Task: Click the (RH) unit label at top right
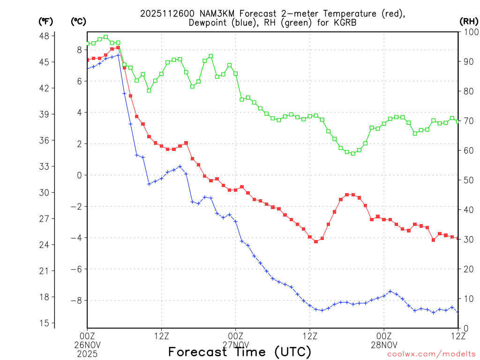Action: point(468,21)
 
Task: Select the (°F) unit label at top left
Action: point(46,21)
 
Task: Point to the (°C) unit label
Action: point(78,21)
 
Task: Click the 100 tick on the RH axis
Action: point(469,32)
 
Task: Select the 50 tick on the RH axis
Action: point(467,180)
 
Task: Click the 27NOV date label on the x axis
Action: point(235,343)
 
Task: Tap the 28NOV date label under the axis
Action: point(384,343)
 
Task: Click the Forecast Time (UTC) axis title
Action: point(240,352)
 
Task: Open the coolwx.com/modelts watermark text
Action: point(431,354)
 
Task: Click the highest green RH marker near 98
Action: point(106,37)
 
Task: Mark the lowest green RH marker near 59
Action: point(353,153)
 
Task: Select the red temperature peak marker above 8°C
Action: point(118,47)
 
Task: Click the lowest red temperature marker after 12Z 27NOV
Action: point(316,241)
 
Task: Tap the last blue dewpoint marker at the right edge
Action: point(458,311)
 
